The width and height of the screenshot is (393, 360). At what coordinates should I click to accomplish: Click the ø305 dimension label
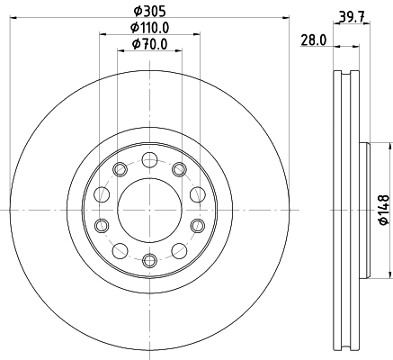point(149,12)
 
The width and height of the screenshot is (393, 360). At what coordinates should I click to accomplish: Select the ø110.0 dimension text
point(149,28)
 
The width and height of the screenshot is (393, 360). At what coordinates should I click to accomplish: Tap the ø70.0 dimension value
point(149,43)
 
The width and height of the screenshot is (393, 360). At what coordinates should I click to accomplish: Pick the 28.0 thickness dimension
point(312,40)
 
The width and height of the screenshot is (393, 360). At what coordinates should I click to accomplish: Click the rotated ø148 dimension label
point(382,209)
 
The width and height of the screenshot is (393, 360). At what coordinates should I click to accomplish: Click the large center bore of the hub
point(149,209)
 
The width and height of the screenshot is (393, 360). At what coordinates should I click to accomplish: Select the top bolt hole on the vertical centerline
point(149,159)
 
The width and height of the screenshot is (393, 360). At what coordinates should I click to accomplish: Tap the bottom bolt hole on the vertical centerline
point(149,259)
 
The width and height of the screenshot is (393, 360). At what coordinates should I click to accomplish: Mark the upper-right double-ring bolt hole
point(178,168)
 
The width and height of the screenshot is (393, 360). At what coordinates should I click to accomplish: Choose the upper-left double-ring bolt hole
point(121,168)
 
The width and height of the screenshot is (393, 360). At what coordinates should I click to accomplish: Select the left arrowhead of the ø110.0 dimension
point(101,36)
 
